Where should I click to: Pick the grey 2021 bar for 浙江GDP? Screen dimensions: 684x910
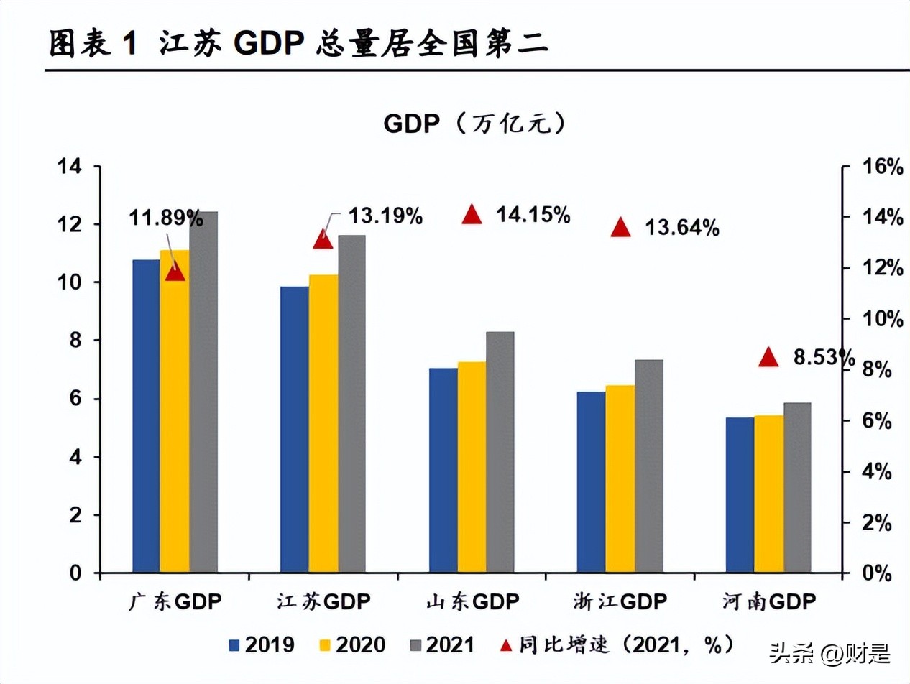(x=648, y=466)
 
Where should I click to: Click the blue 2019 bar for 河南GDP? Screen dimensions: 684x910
(x=740, y=495)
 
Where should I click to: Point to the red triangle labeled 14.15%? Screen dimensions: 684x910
(x=472, y=215)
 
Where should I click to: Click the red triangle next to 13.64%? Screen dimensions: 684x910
(x=620, y=228)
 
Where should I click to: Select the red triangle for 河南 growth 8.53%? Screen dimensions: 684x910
(x=768, y=357)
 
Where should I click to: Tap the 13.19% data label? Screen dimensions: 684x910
(x=385, y=216)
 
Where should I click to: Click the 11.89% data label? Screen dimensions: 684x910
(x=166, y=216)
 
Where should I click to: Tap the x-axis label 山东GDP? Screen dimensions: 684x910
(x=471, y=602)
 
